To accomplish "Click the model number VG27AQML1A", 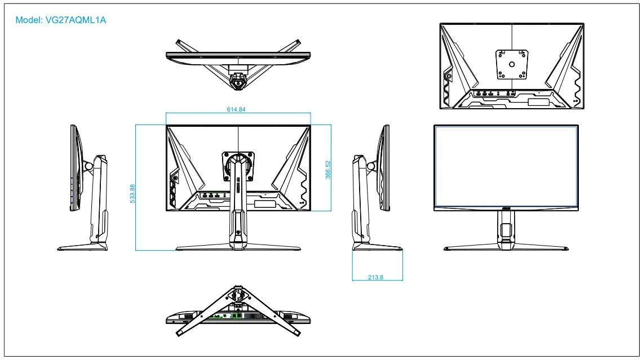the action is point(76,20).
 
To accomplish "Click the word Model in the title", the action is point(28,20).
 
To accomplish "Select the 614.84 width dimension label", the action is point(236,109).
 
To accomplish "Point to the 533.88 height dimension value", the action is point(132,193).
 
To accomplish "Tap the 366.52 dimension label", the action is point(327,170).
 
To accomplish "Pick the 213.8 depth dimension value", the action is point(375,277).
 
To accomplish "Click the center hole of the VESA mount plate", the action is point(512,64).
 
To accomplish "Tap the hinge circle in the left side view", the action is point(88,166).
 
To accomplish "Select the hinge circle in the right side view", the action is point(371,166).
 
